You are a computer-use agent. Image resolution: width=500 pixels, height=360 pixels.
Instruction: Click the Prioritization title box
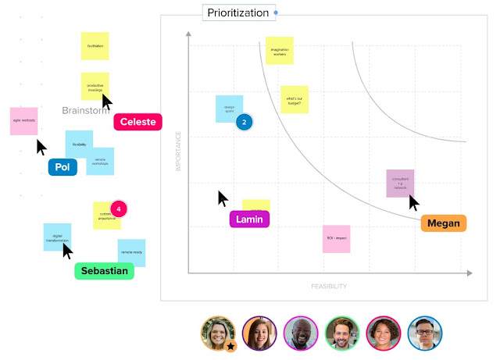pyautogui.click(x=237, y=13)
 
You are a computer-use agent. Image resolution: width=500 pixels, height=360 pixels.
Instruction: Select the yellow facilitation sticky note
pyautogui.click(x=95, y=46)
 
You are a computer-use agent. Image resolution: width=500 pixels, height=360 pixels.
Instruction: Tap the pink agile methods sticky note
pyautogui.click(x=24, y=121)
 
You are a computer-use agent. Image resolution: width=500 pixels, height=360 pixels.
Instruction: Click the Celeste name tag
pyautogui.click(x=137, y=122)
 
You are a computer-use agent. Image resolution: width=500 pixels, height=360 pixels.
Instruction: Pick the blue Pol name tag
pyautogui.click(x=62, y=167)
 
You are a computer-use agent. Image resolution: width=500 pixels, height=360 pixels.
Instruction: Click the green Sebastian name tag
pyautogui.click(x=104, y=270)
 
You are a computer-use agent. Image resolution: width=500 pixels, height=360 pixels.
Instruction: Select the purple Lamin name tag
pyautogui.click(x=249, y=219)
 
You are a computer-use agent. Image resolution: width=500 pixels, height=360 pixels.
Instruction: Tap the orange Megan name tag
pyautogui.click(x=443, y=223)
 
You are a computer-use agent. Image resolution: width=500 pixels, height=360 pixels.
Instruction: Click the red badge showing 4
pyautogui.click(x=118, y=209)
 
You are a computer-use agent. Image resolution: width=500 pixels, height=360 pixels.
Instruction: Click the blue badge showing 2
pyautogui.click(x=244, y=123)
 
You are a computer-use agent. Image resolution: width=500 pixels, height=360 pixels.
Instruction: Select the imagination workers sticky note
pyautogui.click(x=279, y=51)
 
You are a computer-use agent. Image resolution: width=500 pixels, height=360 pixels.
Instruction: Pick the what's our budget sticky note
pyautogui.click(x=294, y=99)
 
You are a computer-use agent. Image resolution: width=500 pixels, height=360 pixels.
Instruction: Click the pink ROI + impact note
pyautogui.click(x=336, y=238)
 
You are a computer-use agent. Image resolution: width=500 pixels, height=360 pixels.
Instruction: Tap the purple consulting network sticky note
pyautogui.click(x=400, y=184)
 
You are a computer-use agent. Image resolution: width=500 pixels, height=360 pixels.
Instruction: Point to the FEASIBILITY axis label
pyautogui.click(x=328, y=287)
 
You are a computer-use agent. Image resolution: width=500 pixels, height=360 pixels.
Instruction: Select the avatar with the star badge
pyautogui.click(x=218, y=333)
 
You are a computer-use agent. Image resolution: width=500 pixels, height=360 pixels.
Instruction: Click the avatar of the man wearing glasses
pyautogui.click(x=424, y=333)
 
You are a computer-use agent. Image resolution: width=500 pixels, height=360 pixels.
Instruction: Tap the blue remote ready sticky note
pyautogui.click(x=131, y=252)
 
